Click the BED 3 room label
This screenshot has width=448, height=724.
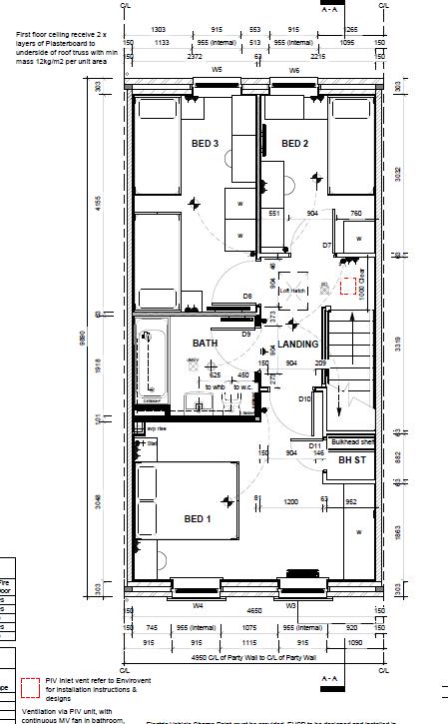[x=205, y=144]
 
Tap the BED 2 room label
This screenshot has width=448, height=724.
[x=294, y=144]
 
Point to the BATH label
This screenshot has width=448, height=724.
[x=205, y=344]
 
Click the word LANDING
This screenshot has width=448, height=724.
[x=297, y=344]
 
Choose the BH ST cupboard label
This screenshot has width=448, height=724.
[x=352, y=460]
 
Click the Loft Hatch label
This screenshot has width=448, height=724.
[x=291, y=290]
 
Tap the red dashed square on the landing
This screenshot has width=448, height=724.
[x=348, y=288]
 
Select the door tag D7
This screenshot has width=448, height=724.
[x=326, y=245]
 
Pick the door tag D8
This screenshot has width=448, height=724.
[x=246, y=297]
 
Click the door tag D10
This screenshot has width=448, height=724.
[x=304, y=398]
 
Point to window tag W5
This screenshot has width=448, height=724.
[x=217, y=71]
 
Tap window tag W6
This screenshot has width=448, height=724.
[x=294, y=71]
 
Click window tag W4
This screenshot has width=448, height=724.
[x=198, y=605]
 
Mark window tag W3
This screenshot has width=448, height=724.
[x=292, y=605]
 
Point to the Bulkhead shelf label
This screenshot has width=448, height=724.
[x=353, y=440]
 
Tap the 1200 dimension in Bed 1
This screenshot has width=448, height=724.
[x=291, y=500]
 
